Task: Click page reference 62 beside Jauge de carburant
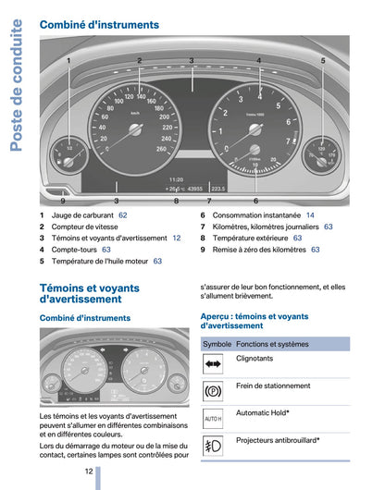coord(123,214)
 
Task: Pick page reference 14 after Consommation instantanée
coord(311,214)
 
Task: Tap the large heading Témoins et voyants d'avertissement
coord(90,294)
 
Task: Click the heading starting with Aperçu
coord(255,321)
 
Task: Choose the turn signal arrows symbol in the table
coord(213,363)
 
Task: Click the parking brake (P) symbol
coord(213,391)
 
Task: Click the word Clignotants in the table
coord(255,358)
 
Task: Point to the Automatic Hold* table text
coord(263,412)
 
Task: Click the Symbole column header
coord(217,343)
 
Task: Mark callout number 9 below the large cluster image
coord(63,200)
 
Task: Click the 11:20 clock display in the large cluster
coord(175,178)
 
